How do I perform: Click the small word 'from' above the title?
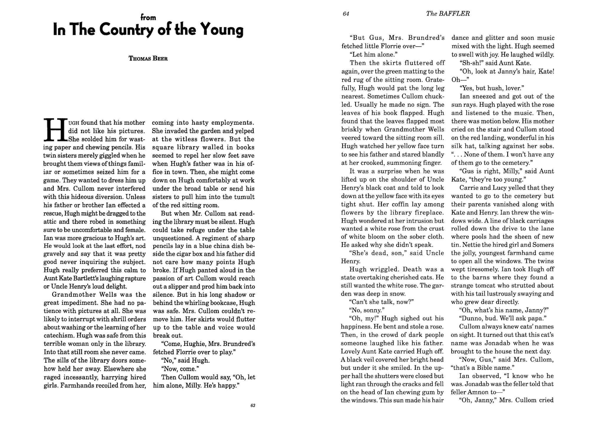tap(148, 18)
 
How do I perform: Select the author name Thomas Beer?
tap(148, 58)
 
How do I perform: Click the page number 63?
tap(253, 406)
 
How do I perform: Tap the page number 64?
tap(346, 14)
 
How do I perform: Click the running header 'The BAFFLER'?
tap(448, 14)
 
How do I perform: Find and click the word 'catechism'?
tap(57, 336)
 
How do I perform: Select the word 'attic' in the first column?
tap(50, 222)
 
